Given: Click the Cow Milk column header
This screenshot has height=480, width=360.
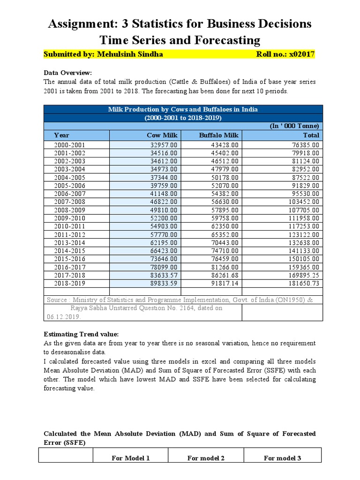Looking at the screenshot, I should point(162,135).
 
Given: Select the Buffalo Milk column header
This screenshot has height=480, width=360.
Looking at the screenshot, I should point(219,135).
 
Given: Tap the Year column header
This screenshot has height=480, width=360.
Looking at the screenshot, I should point(61,135).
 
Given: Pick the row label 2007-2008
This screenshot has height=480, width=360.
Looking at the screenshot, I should point(70,202).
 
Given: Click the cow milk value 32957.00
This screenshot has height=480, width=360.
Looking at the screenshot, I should point(163,145).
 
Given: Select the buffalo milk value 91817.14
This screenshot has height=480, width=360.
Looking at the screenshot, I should point(223,283).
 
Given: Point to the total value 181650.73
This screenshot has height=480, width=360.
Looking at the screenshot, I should point(301,283).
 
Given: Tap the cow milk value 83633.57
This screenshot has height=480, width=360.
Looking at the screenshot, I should point(163,275).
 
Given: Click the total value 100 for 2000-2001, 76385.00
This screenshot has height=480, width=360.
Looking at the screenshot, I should point(304,145).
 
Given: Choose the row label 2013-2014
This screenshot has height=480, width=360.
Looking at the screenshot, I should point(70,242).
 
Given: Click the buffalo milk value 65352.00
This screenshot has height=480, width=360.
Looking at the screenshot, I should point(223,234).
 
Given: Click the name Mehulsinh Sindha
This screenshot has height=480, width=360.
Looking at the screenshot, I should point(130,54).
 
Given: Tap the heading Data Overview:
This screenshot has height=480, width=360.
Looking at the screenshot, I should point(68,73).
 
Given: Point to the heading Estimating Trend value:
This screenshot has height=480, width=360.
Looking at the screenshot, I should point(81,334).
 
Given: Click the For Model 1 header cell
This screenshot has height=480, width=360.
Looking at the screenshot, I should point(130,458).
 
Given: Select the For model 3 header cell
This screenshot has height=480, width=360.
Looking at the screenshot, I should point(282,458).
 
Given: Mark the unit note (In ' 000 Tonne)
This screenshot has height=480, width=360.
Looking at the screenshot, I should point(294,126).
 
